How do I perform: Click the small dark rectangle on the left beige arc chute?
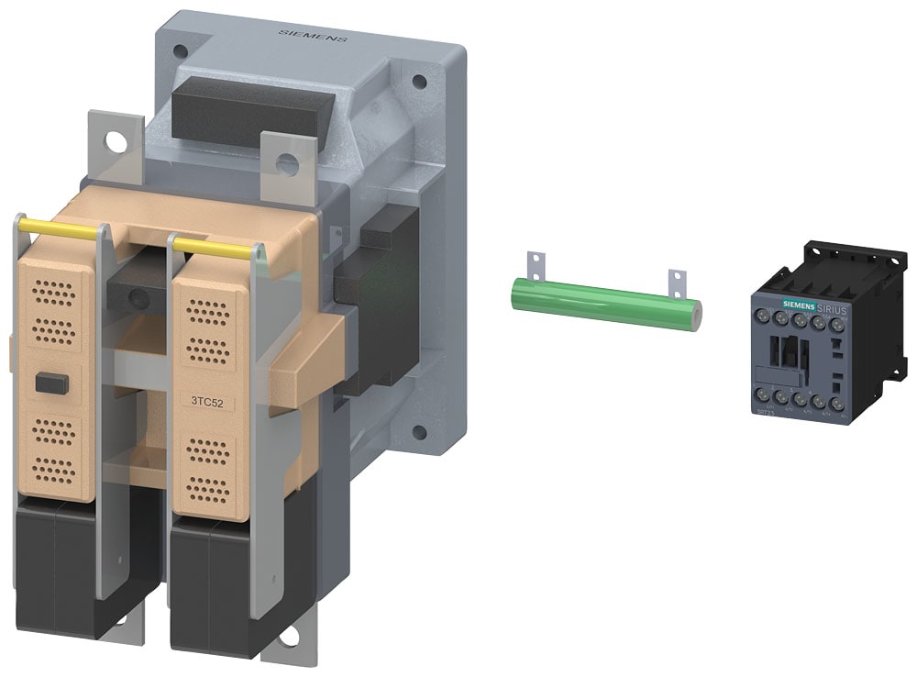51,384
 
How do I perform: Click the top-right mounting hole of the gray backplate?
419,81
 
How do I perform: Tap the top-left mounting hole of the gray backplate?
181,50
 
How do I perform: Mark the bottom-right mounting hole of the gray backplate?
419,431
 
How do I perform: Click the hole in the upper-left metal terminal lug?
116,142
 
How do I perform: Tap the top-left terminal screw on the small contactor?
762,316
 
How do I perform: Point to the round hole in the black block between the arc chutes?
138,297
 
